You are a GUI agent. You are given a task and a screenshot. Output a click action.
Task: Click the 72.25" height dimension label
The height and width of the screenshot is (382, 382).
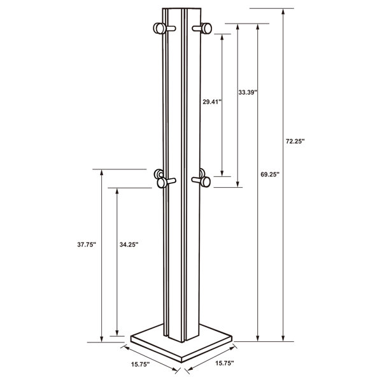tap(295, 141)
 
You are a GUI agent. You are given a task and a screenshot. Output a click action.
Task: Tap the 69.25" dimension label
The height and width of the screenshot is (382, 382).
tap(270, 174)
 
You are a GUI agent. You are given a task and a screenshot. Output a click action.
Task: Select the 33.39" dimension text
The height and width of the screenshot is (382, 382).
tap(248, 92)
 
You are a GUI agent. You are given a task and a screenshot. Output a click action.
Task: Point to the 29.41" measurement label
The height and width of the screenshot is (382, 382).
tap(212, 102)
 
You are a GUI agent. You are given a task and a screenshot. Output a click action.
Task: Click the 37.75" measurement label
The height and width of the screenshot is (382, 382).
tap(87, 244)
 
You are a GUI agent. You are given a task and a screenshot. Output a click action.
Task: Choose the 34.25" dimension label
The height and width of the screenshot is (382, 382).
tap(129, 244)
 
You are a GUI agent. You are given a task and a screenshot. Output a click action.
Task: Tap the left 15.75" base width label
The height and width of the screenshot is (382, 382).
tap(140, 364)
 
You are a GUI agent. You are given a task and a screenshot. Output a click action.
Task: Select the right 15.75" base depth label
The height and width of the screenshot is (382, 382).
tap(224, 364)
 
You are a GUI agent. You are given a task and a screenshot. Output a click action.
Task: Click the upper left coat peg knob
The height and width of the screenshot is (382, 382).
tap(159, 28)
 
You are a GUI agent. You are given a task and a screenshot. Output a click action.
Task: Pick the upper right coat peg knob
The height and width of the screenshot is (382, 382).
tap(206, 28)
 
